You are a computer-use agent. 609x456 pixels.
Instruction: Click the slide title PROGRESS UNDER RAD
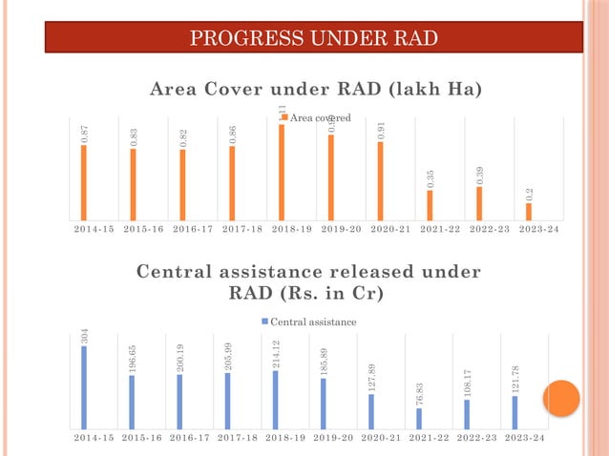[x=313, y=38]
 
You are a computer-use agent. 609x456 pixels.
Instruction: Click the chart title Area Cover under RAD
[x=315, y=90]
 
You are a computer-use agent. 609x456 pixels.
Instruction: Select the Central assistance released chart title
[x=308, y=282]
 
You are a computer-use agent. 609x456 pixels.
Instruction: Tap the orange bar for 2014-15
[x=84, y=182]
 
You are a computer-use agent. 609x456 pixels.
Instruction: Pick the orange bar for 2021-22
[x=430, y=205]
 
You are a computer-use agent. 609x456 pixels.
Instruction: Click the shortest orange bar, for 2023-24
[x=529, y=211]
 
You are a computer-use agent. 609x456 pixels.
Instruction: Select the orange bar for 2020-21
[x=381, y=180]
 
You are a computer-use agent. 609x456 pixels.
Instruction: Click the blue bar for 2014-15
[x=84, y=387]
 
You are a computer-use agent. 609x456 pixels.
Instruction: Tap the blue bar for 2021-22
[x=419, y=419]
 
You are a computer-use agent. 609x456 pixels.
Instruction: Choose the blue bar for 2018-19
[x=276, y=400]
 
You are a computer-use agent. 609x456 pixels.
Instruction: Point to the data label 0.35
[x=430, y=178]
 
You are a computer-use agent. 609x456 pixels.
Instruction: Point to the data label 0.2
[x=530, y=194]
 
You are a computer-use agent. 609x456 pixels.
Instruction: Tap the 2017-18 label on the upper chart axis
[x=241, y=230]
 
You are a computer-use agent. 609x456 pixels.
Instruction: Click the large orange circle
[x=561, y=398]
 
